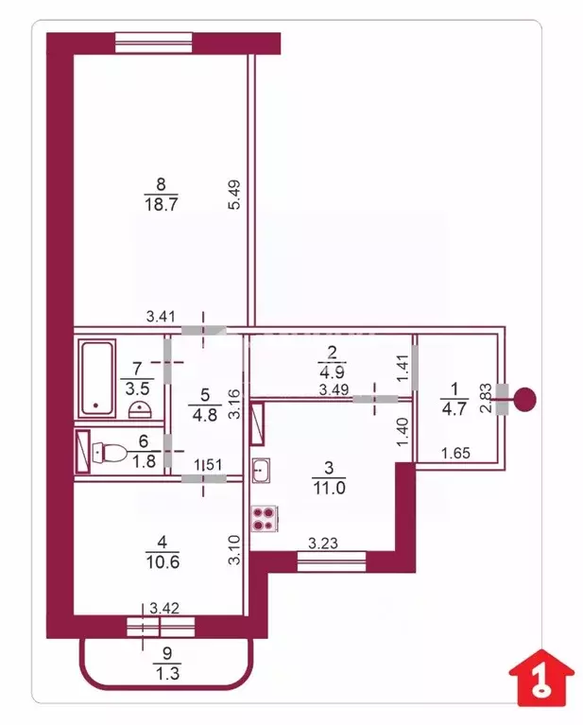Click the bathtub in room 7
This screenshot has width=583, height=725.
point(97,376)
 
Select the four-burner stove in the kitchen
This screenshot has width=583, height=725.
point(263,519)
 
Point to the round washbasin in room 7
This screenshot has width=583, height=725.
point(139,410)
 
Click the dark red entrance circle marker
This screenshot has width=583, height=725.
point(526,399)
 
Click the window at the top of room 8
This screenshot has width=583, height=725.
point(154,41)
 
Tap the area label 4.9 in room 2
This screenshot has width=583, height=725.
point(332,370)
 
